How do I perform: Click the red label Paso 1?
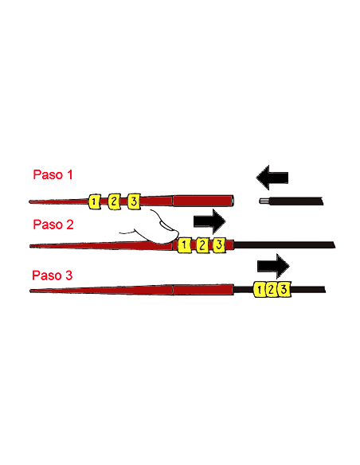(53, 174)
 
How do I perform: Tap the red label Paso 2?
(53, 225)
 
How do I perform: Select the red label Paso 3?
(53, 275)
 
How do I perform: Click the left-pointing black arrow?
(272, 178)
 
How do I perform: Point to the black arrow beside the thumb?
(209, 221)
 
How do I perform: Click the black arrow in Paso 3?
(273, 266)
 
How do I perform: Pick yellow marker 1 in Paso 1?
(94, 201)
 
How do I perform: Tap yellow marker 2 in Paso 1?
(114, 201)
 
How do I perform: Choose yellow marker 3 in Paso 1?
(134, 201)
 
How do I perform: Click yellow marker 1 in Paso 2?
(184, 245)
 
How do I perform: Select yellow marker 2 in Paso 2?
(202, 245)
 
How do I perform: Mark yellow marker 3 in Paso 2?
(219, 245)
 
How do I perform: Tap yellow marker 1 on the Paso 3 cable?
(260, 290)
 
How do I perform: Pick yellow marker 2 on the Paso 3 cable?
(272, 290)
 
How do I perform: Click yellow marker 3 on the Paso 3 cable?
(284, 289)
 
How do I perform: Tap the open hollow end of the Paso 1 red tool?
(232, 201)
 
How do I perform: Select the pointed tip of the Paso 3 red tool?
(30, 291)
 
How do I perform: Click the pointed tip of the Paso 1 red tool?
(30, 201)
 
